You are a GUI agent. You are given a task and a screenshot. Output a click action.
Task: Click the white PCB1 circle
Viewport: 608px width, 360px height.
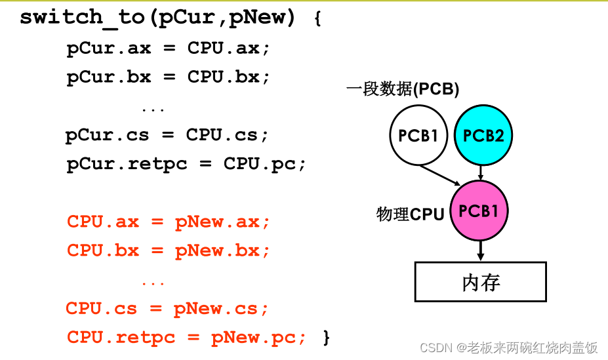(418, 136)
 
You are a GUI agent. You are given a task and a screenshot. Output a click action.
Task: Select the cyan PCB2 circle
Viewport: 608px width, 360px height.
(483, 136)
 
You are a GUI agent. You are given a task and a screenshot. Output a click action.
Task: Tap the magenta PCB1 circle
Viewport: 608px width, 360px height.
(479, 211)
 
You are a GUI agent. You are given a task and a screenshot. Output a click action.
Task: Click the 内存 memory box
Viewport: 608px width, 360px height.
(481, 282)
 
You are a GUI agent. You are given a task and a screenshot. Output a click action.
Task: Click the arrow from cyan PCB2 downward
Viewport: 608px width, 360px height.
(481, 172)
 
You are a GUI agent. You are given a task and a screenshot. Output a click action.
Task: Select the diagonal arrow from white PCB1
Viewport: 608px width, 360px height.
(440, 175)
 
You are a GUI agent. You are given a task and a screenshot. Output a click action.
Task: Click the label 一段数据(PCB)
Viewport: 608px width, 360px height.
(402, 89)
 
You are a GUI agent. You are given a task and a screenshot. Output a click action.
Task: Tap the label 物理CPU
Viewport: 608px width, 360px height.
(410, 214)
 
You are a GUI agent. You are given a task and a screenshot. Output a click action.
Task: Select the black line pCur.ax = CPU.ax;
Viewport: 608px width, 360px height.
(168, 49)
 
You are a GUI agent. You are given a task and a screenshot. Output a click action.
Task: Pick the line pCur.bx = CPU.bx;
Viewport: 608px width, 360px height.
(168, 77)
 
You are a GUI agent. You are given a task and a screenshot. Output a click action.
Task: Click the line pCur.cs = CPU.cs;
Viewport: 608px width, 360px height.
(167, 135)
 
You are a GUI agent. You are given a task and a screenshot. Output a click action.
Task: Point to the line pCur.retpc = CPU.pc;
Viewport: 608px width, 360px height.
(186, 163)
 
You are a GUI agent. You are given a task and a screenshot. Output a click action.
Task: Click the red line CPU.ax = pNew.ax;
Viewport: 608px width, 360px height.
(168, 222)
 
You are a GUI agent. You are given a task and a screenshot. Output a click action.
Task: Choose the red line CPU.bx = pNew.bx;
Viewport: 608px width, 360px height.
(168, 250)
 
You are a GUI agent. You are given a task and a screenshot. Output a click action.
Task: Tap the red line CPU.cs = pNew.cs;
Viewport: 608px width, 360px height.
(167, 308)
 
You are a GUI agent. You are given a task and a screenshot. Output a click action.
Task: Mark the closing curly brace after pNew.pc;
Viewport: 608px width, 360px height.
(326, 337)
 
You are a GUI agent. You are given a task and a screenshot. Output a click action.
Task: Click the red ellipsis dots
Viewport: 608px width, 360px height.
(153, 283)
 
